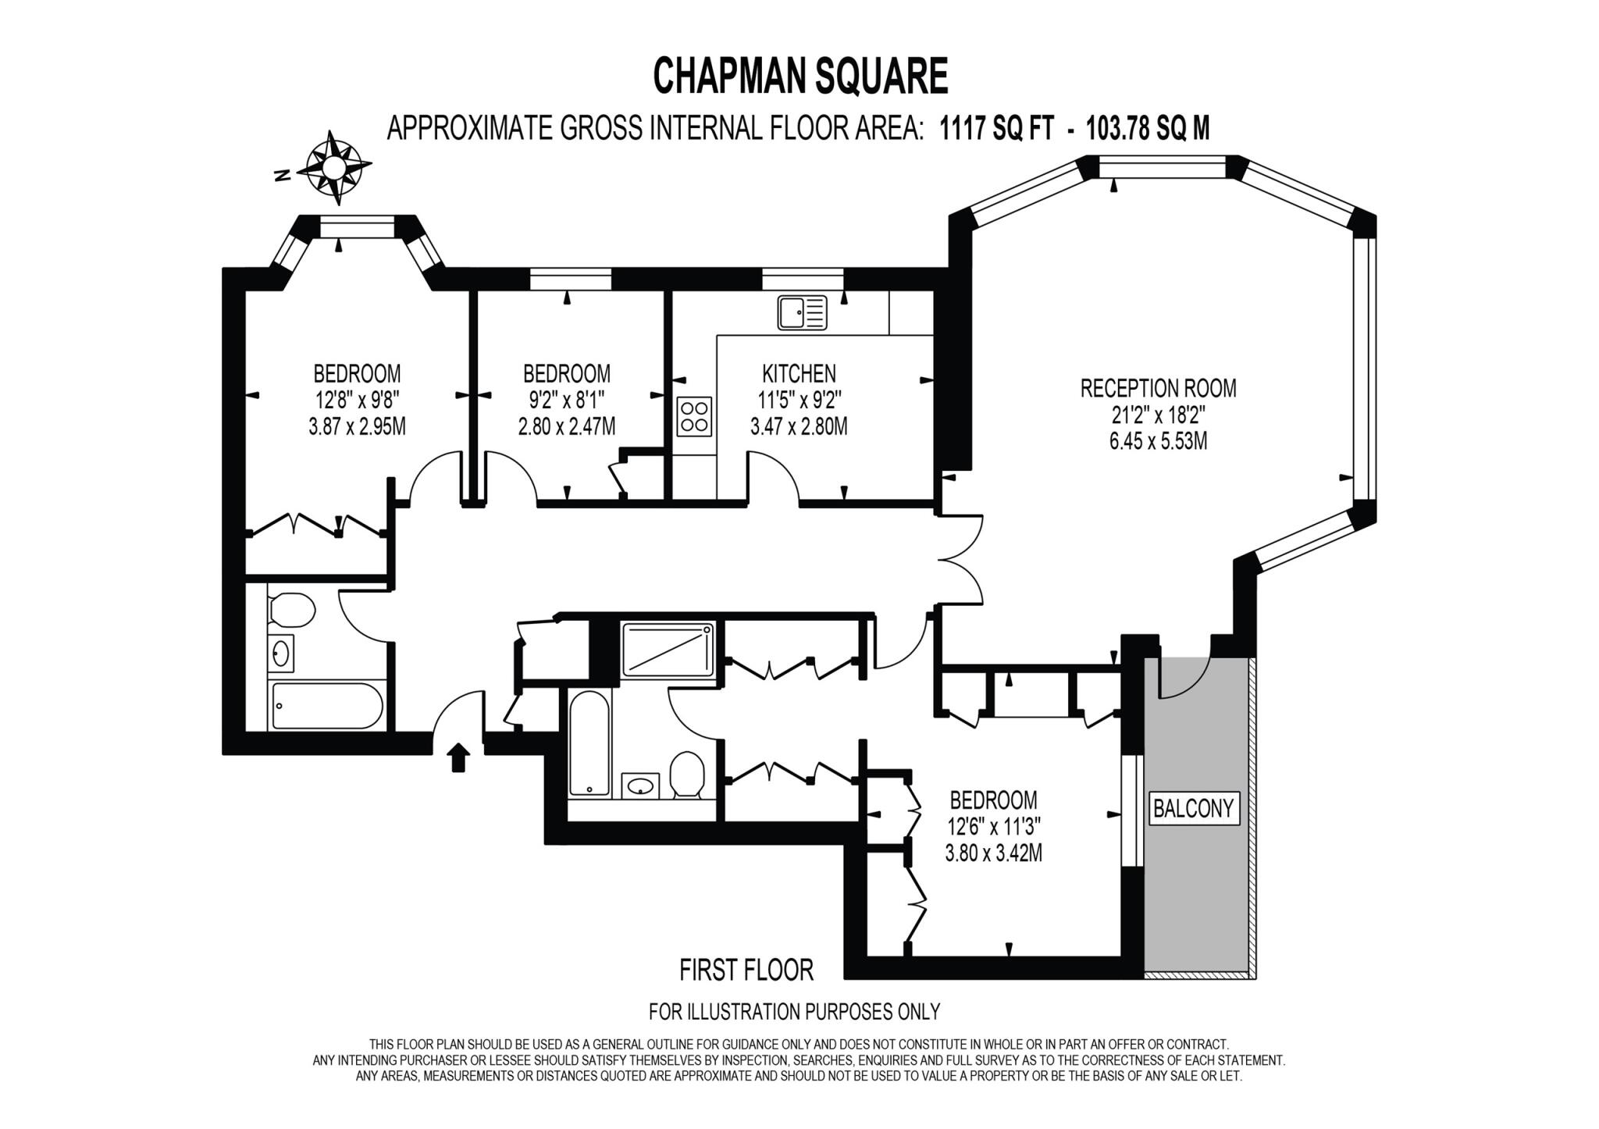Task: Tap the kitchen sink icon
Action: click(x=802, y=312)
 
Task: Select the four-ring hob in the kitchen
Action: click(x=694, y=416)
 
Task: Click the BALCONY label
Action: click(x=1193, y=808)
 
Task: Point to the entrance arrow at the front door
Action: click(x=458, y=757)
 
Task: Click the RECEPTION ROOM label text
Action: click(x=1158, y=388)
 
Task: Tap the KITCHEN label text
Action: click(x=799, y=373)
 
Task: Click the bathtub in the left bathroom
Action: click(x=326, y=705)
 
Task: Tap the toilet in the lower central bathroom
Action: click(x=687, y=773)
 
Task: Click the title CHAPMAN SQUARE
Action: click(x=799, y=77)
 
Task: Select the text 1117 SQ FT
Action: click(x=996, y=128)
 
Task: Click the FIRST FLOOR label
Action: click(x=746, y=970)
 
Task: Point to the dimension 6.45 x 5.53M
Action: click(x=1158, y=441)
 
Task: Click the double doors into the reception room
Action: click(x=960, y=559)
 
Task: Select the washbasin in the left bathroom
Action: click(x=281, y=653)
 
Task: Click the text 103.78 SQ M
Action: click(x=1148, y=128)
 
